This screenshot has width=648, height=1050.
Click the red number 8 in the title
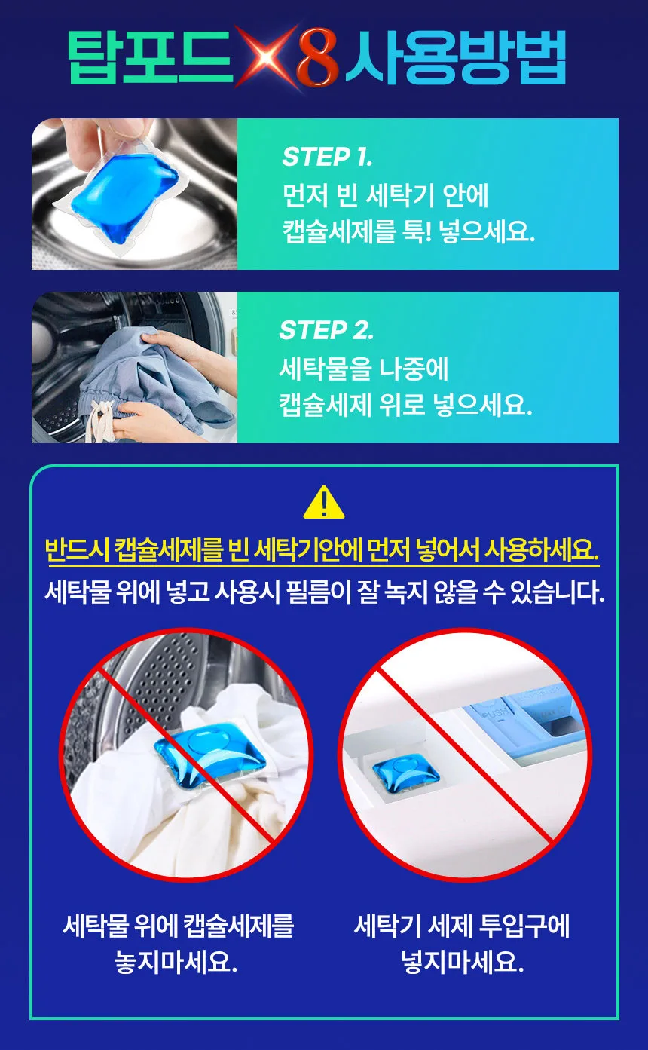tap(317, 57)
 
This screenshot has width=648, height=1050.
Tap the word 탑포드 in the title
tap(150, 57)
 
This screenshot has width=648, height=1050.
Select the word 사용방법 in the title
tap(455, 57)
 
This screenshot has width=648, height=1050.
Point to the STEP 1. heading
tap(327, 157)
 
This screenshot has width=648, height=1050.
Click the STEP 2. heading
tap(326, 330)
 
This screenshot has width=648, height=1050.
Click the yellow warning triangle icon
tap(324, 502)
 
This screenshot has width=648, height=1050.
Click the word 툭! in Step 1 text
tap(417, 231)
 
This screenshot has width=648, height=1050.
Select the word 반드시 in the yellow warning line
tap(78, 549)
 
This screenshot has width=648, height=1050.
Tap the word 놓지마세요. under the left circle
tap(176, 962)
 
